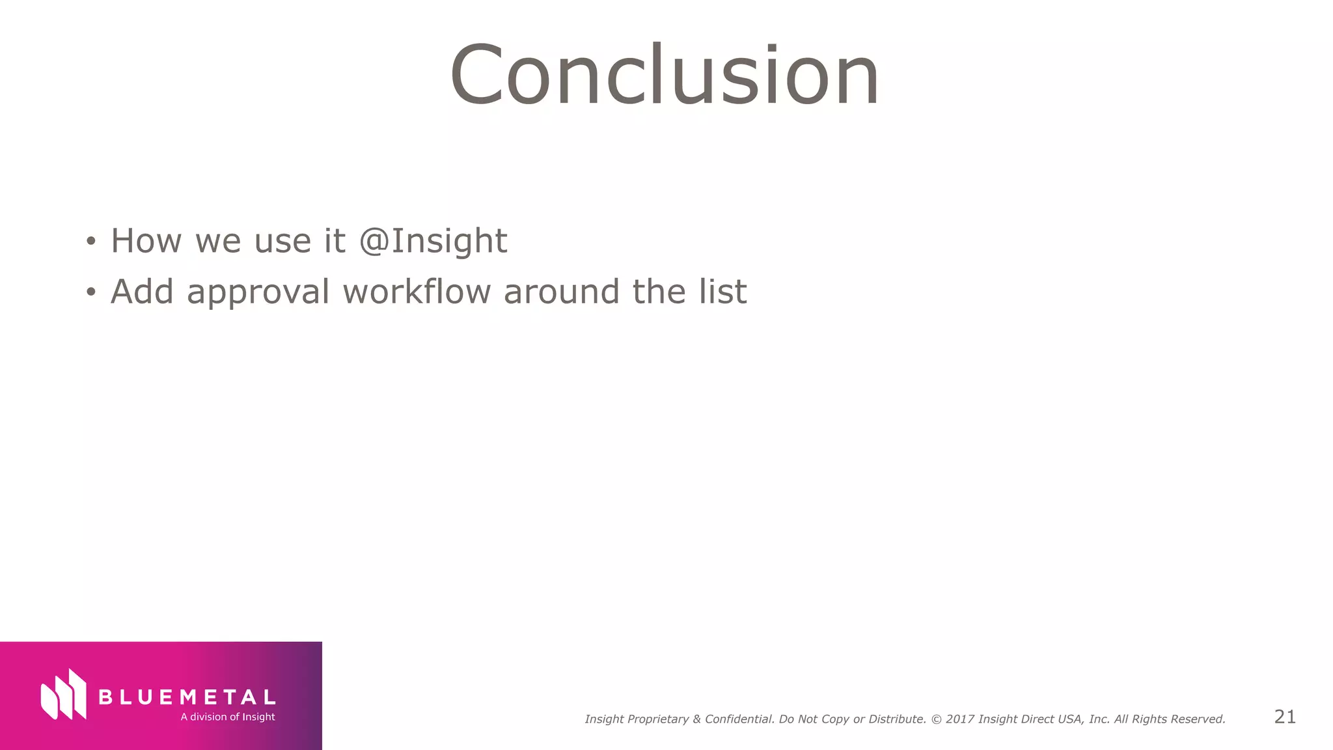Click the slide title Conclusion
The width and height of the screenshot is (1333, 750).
(665, 75)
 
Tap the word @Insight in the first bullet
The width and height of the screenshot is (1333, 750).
(433, 241)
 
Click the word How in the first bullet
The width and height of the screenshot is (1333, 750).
(146, 241)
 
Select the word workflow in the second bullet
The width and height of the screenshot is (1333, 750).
(417, 291)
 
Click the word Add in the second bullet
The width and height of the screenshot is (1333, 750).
(142, 291)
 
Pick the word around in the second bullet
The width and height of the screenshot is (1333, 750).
(561, 291)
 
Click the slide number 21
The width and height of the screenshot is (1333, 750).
(1285, 717)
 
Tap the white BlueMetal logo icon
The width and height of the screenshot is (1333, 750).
(64, 695)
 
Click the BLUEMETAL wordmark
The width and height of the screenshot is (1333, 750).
(187, 697)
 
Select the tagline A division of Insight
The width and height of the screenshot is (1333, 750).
(228, 717)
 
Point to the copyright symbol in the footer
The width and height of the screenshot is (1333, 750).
(937, 719)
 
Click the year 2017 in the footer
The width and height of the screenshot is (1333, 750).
(960, 719)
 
